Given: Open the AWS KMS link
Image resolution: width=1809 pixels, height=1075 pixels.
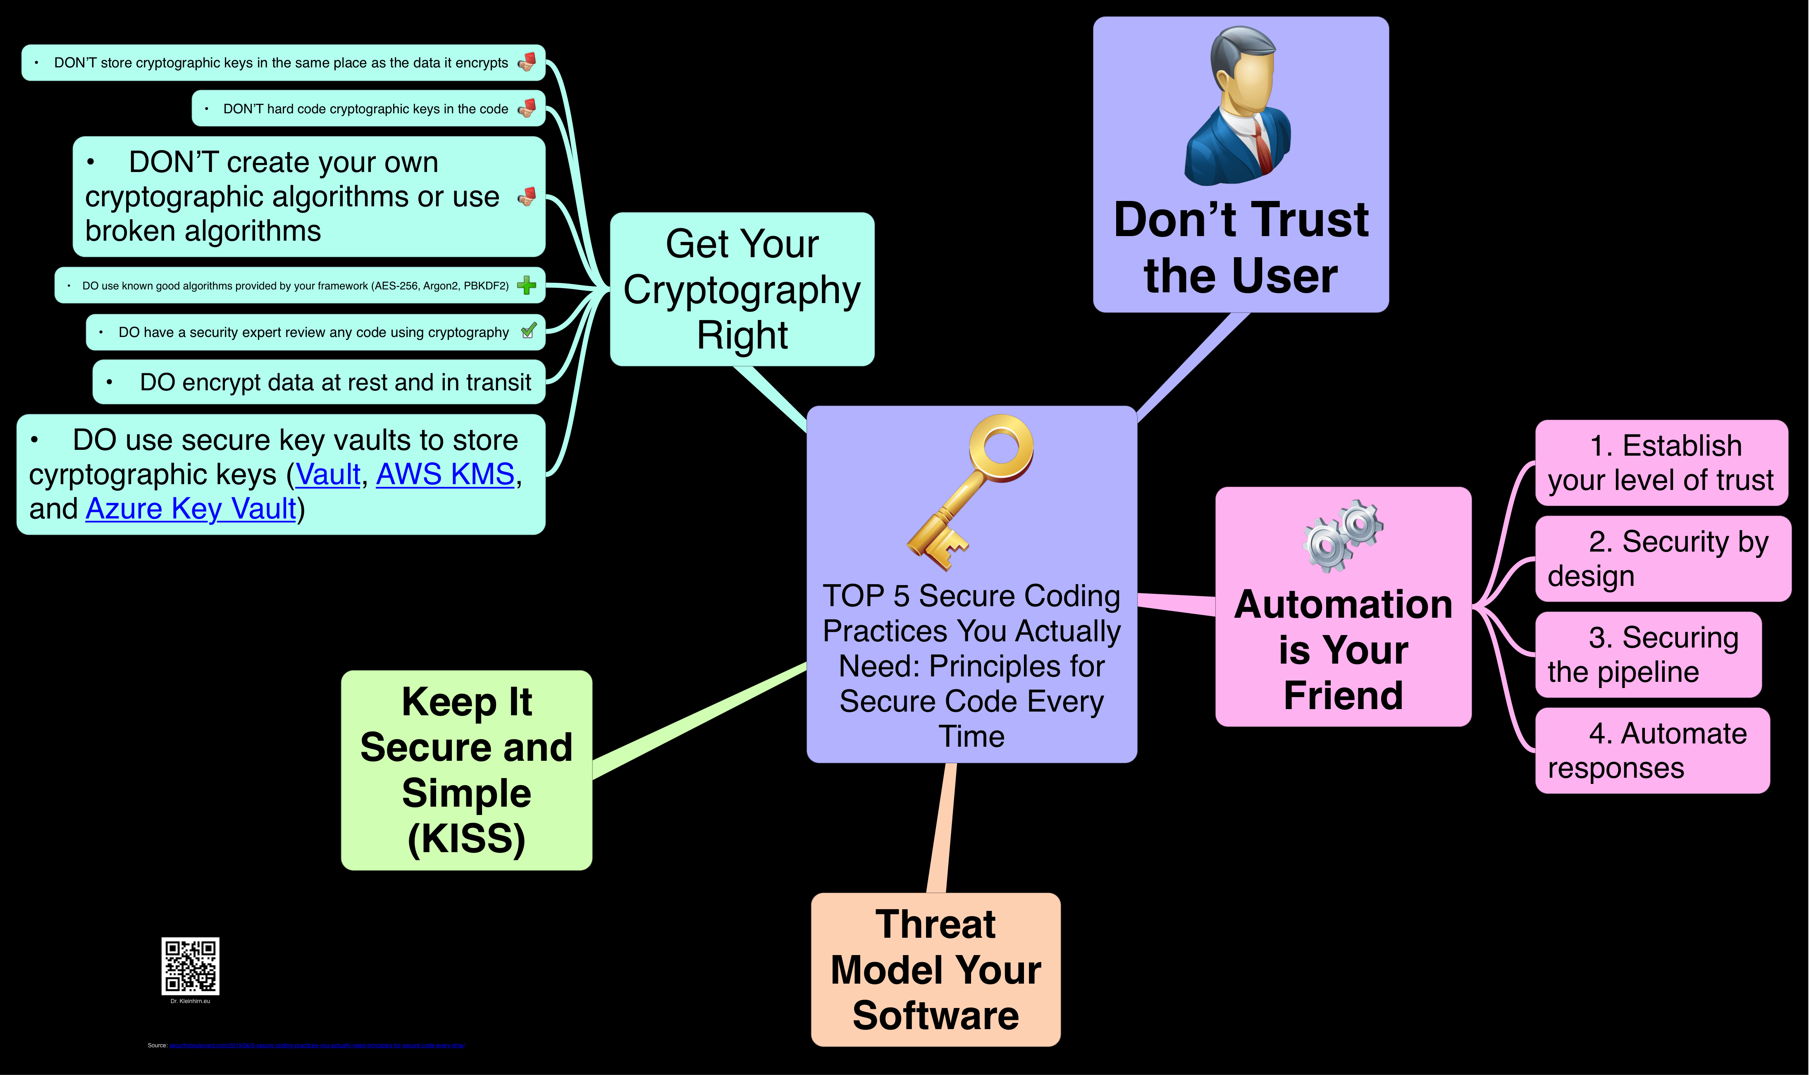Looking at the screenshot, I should coord(445,475).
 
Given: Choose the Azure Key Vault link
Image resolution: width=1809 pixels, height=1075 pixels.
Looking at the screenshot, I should coord(191,509).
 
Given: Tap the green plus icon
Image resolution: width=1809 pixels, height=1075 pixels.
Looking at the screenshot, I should coord(527,285).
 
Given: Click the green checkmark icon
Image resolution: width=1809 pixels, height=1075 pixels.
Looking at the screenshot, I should coord(529,331).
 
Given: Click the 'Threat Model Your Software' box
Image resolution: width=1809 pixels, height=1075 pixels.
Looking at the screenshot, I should coord(935,969).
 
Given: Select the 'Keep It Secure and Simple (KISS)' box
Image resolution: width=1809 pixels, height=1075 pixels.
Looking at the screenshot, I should coord(466,770).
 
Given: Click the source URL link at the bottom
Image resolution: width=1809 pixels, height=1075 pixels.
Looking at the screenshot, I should coord(317,1045).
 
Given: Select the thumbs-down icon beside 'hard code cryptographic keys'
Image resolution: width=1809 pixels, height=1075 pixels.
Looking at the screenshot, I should coord(527,108).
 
